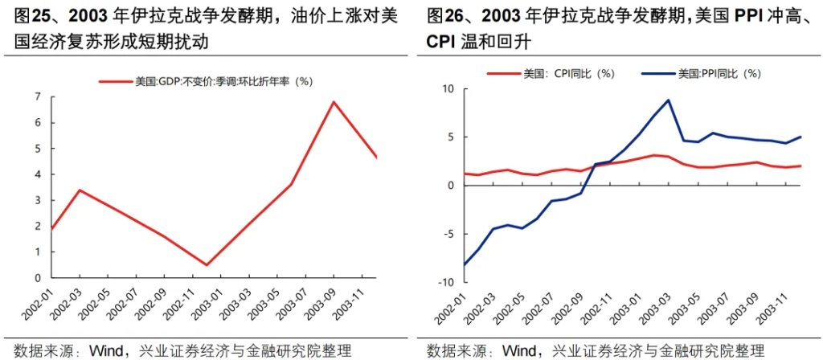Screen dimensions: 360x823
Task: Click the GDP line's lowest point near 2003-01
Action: tap(207, 265)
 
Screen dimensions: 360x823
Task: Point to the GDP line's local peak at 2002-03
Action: tap(79, 190)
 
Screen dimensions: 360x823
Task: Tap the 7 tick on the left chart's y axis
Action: tap(38, 97)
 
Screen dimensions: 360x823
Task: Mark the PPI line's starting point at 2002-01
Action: tap(441, 264)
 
